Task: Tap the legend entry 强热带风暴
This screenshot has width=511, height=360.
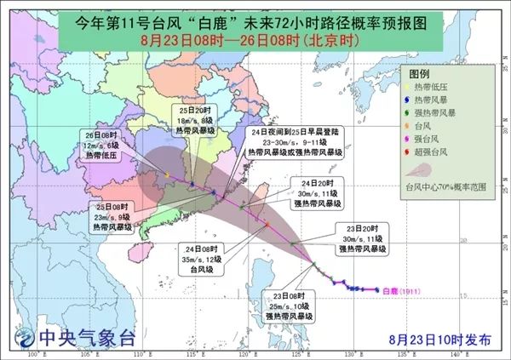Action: (x=439, y=112)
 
